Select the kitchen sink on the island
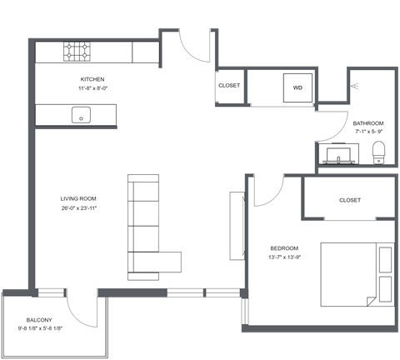pos(82,114)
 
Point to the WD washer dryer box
pos(297,87)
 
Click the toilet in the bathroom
pos(379,152)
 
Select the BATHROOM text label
pos(367,122)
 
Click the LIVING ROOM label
pos(78,199)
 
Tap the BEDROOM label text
pos(284,248)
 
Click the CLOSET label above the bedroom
pos(350,200)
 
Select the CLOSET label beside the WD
pos(229,86)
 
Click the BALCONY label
pos(39,320)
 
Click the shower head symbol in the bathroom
pos(356,86)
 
